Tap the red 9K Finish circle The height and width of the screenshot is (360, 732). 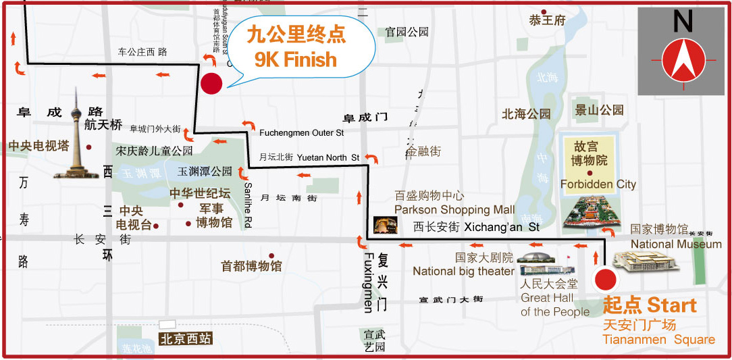(211, 83)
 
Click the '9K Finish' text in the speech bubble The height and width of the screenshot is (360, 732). (295, 59)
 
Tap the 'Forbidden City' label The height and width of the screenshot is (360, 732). (598, 184)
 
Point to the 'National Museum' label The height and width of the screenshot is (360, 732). (676, 244)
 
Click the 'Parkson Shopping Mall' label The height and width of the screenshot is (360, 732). (454, 209)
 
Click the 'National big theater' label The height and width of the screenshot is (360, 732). (463, 272)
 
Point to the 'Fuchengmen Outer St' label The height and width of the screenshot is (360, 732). (301, 133)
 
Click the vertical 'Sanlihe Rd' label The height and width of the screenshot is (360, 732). (248, 205)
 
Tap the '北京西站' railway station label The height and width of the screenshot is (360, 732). (186, 340)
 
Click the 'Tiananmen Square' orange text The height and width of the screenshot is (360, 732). (658, 340)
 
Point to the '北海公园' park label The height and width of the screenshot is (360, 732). (526, 114)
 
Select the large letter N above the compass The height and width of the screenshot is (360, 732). (683, 22)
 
